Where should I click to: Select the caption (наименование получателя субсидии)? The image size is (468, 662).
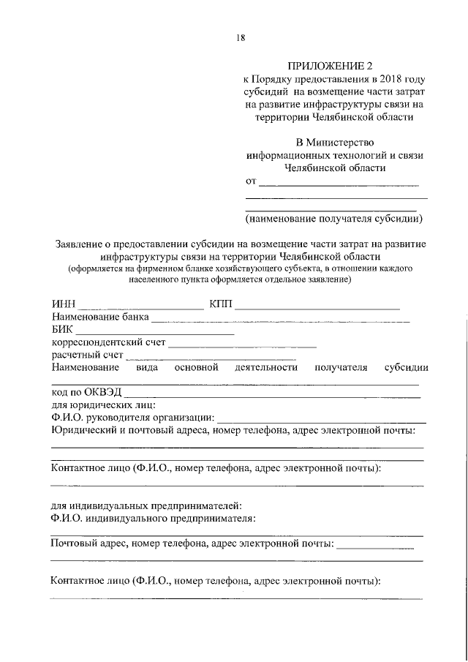335,218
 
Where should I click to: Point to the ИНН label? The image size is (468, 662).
63,304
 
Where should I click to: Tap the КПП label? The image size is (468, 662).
220,304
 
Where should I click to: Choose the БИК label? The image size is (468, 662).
62,330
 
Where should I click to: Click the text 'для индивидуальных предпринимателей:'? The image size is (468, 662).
146,505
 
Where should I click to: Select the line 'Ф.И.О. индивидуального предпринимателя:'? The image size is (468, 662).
154,519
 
